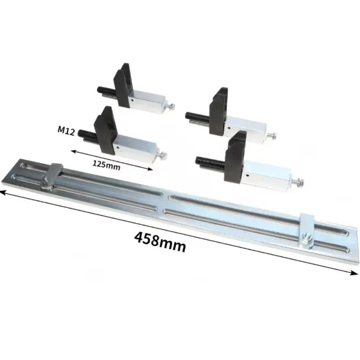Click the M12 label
pos(66,131)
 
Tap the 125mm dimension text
pos(106,165)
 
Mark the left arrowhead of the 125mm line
pos(74,151)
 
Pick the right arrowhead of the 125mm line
pos(149,169)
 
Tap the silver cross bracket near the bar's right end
pos(307,230)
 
